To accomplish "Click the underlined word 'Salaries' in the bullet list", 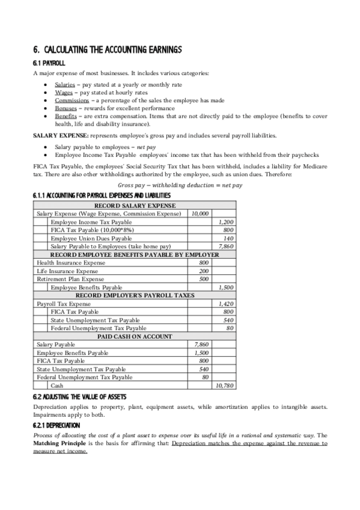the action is tap(65, 85).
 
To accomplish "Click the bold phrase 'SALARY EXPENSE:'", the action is tap(56, 136).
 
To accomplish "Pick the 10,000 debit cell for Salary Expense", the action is tap(200, 214).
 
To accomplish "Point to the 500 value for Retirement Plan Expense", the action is tap(204, 279).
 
